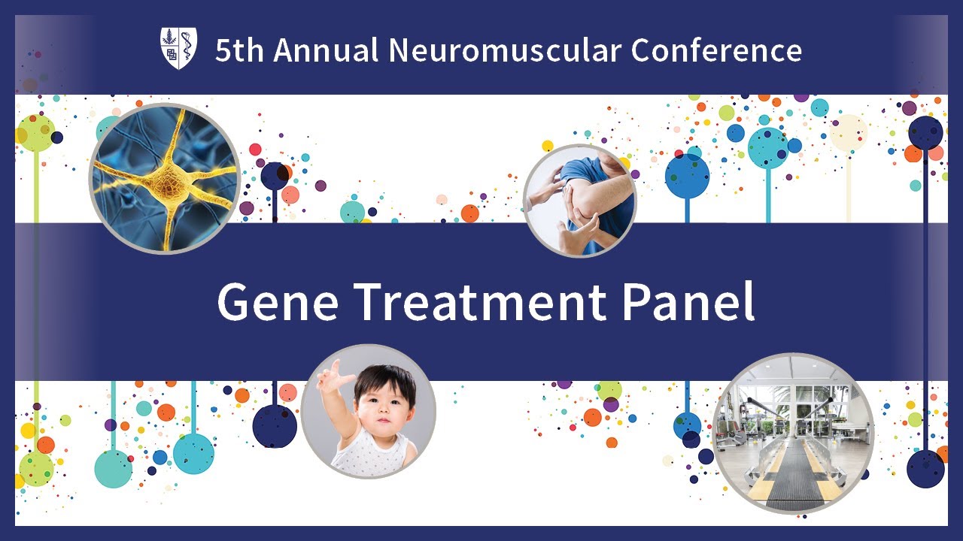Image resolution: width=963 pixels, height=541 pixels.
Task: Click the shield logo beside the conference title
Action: coord(178,49)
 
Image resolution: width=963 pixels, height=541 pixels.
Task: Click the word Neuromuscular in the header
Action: coord(505,50)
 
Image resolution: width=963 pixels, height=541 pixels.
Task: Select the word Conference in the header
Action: coord(716,50)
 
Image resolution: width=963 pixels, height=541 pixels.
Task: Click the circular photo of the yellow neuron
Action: coord(165,178)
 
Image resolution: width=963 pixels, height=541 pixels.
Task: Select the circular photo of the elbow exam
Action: coord(579,201)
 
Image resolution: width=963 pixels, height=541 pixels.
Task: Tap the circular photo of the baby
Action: coord(368,411)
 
